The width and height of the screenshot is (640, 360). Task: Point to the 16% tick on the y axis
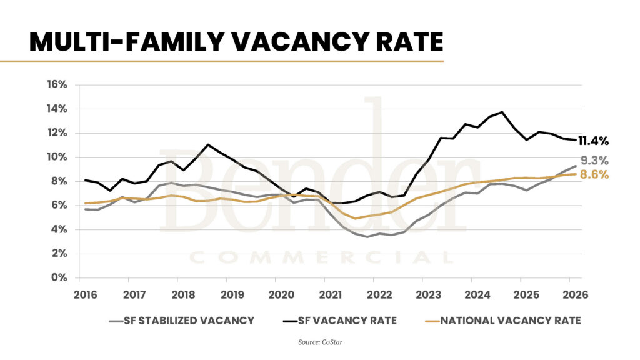[x=57, y=84]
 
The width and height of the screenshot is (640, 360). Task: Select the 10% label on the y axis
[x=57, y=157]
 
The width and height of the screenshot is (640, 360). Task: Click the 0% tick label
[x=59, y=277]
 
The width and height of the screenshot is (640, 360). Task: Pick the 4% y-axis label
[x=59, y=229]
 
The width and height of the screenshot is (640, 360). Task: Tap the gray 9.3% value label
[x=594, y=161]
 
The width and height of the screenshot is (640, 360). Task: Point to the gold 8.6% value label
[x=594, y=176]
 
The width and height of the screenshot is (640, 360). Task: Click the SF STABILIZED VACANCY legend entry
[x=181, y=321]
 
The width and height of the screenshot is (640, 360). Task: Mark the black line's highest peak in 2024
[x=502, y=112]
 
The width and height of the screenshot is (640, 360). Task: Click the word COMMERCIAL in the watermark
[x=321, y=257]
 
